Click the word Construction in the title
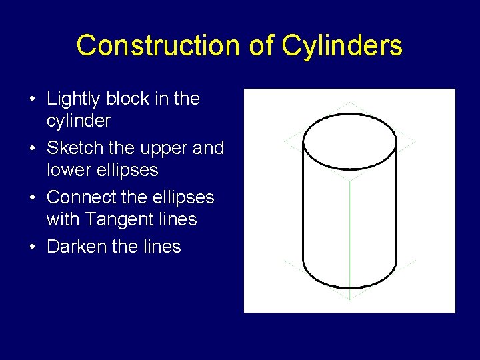158,45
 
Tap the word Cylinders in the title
341,45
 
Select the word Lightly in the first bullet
71,99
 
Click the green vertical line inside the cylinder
350,233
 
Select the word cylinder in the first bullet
78,121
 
